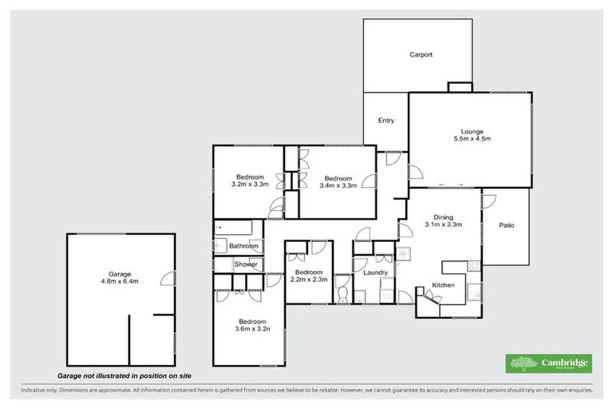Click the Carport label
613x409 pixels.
coord(421,55)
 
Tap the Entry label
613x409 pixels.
coord(386,121)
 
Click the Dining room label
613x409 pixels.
coord(442,216)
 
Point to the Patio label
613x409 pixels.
coord(506,225)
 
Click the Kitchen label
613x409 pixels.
coord(443,285)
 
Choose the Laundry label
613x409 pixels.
coord(375,273)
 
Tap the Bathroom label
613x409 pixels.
coord(243,246)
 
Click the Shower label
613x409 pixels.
coord(246,264)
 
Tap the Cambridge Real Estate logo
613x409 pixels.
coord(549,363)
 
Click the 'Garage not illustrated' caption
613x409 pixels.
coord(124,375)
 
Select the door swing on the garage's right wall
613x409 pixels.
coord(168,278)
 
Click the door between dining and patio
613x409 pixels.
coord(488,201)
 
